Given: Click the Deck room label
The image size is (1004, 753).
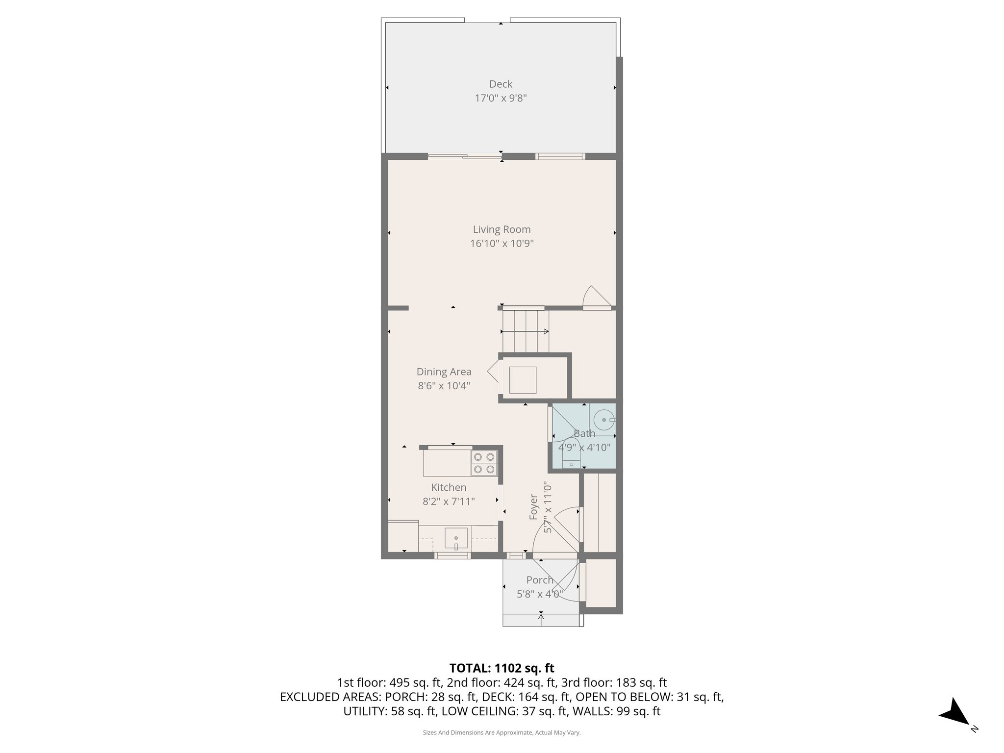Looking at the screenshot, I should click(x=501, y=84).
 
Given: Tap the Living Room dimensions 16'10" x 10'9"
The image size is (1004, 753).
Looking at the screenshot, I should click(x=502, y=244).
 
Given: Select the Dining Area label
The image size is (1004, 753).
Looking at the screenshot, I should click(x=444, y=372).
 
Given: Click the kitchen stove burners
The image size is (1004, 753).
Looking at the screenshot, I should click(x=484, y=463).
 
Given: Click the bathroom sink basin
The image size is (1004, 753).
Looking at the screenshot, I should click(x=604, y=420).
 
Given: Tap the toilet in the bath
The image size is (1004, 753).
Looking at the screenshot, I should click(x=571, y=458).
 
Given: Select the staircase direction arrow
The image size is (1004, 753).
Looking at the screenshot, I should click(x=525, y=332).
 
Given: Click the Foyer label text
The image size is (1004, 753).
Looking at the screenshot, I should click(x=534, y=507).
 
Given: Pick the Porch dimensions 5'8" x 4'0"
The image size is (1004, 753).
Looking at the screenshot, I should click(x=540, y=594).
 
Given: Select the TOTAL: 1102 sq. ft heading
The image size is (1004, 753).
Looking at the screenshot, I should click(x=502, y=668).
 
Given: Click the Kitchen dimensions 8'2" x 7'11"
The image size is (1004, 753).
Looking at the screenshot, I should click(x=449, y=502).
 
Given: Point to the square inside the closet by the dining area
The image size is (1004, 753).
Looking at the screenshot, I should click(x=523, y=380).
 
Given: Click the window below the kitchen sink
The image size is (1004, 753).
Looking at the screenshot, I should click(x=452, y=555).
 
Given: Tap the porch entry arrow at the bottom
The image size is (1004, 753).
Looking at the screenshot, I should click(x=541, y=619).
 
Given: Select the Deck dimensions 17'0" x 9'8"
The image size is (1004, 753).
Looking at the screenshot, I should click(x=501, y=98).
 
